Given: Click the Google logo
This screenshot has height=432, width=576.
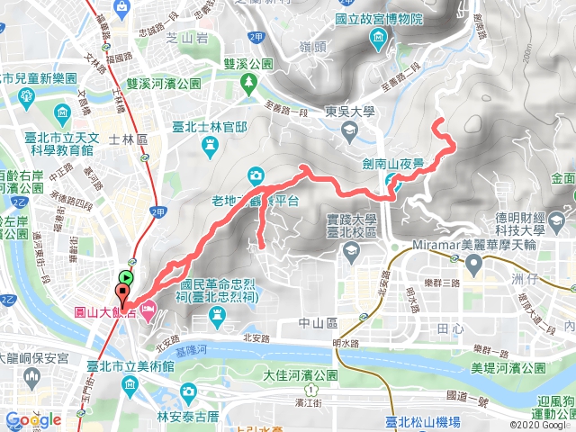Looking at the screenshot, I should click(x=32, y=419).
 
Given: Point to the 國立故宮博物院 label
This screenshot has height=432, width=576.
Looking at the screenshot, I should click(x=391, y=18).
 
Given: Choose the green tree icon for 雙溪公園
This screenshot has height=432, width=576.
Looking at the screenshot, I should click(x=249, y=83).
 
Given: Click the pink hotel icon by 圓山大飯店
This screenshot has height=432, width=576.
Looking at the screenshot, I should click(x=148, y=310).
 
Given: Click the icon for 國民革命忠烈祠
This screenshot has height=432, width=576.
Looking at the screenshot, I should click(x=217, y=313).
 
